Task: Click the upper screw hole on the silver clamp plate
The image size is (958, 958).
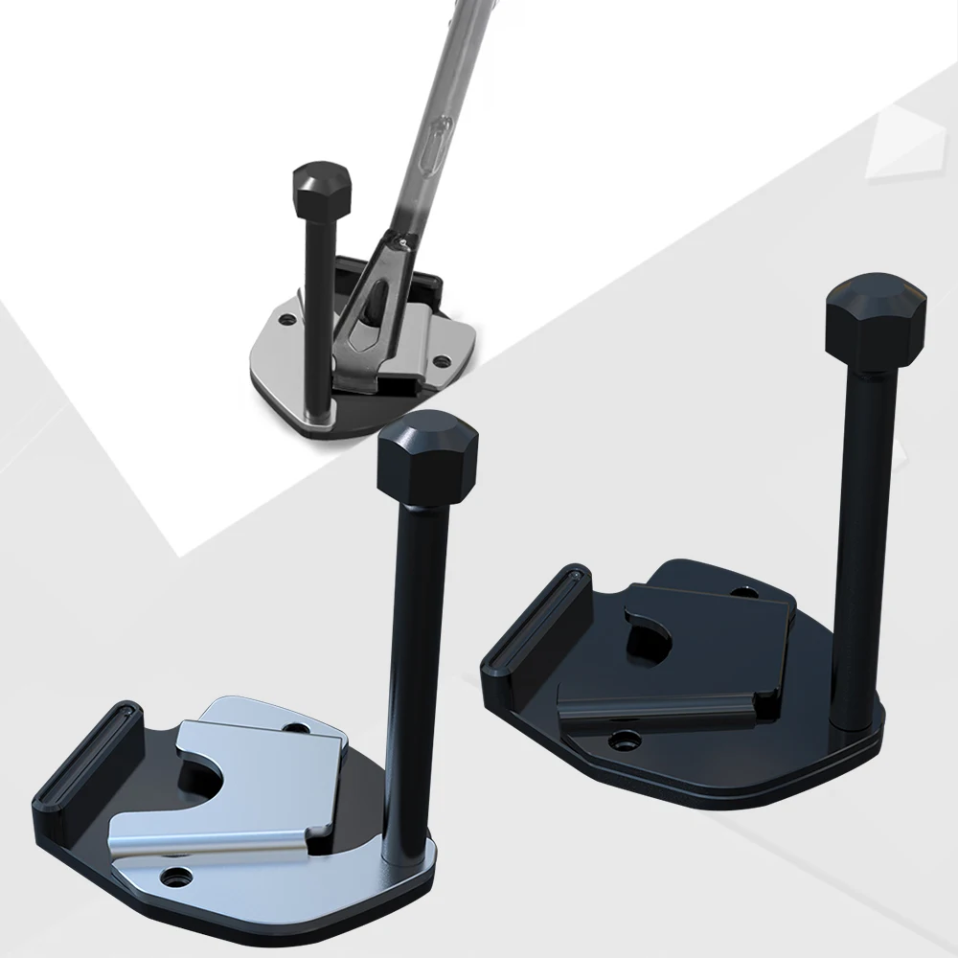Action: [x=302, y=729]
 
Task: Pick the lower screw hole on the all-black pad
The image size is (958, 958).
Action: [x=627, y=740]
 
